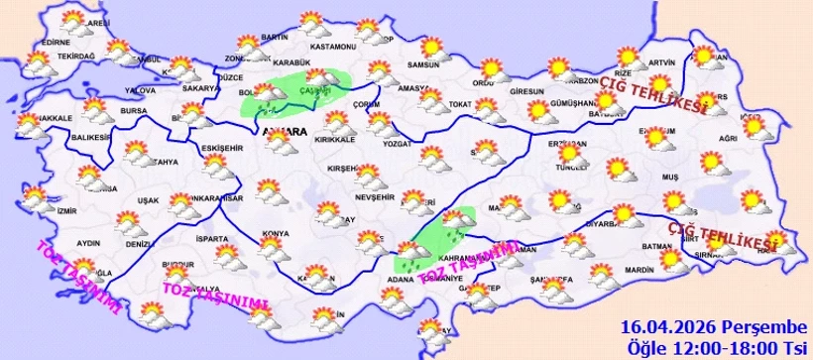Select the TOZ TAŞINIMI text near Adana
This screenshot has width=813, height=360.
[x=469, y=263]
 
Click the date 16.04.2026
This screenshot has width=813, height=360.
[x=662, y=326]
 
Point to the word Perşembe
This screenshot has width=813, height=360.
[x=753, y=327]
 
